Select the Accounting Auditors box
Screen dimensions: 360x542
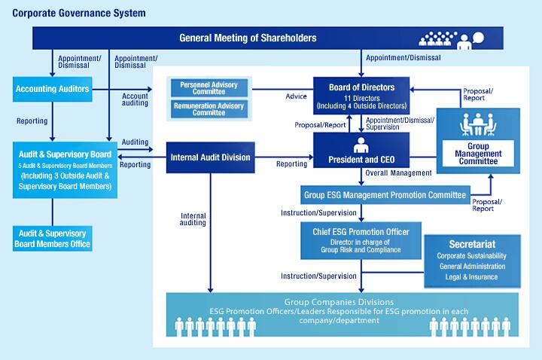52,90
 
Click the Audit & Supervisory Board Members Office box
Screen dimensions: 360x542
52,238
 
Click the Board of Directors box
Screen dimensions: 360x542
361,96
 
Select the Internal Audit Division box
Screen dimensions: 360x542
210,157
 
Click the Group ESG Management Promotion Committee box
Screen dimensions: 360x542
384,195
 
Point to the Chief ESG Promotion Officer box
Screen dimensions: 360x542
361,239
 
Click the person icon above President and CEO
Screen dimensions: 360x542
361,144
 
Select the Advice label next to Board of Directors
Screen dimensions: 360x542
296,96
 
